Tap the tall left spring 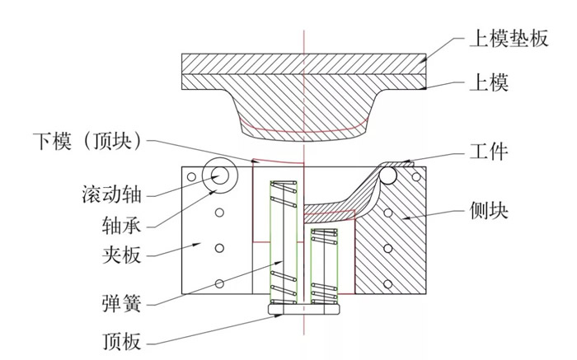click(285, 239)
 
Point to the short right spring click(324, 262)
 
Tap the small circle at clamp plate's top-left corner click(191, 176)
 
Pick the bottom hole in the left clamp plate click(219, 283)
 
